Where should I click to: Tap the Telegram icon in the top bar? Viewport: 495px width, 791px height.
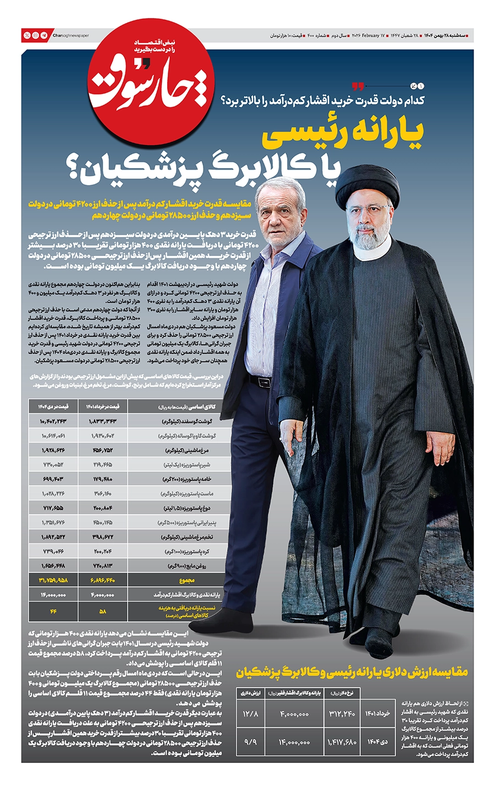pos(44,36)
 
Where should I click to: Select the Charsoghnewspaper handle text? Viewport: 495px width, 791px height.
pos(71,36)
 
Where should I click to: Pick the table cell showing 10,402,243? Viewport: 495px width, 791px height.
pos(53,421)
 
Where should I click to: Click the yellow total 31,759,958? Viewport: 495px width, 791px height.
pos(53,580)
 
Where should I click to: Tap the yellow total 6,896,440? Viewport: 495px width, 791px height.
pos(102,580)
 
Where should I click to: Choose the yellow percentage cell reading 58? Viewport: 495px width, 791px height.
pos(102,611)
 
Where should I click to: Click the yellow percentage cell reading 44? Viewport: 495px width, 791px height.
pos(53,611)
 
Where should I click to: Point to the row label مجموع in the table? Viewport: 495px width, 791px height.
pos(186,580)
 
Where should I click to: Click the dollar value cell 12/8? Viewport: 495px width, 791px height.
pos(250,714)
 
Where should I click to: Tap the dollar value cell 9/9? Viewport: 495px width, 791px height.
pos(250,742)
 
